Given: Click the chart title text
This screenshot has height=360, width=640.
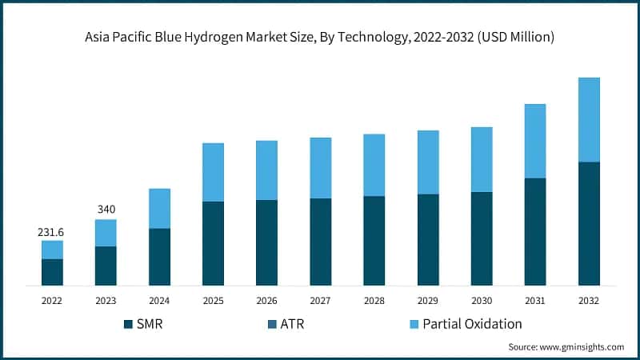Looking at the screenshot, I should [x=320, y=37].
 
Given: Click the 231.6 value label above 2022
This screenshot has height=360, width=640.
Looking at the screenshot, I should [x=52, y=232].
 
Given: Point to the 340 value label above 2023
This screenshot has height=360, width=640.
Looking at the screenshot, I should [x=106, y=210].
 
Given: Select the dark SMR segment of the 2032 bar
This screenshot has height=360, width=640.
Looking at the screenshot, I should [x=589, y=223].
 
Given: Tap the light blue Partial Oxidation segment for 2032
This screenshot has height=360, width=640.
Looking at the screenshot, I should [x=589, y=120].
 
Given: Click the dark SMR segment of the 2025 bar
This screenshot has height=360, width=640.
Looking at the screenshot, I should [x=213, y=243].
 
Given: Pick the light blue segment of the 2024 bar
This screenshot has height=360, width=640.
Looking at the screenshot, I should [x=159, y=208].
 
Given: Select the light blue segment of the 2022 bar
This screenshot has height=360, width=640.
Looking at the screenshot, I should [x=52, y=250].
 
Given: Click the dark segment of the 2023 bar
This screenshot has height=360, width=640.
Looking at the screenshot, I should [x=106, y=266].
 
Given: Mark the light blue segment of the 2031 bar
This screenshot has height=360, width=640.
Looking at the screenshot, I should [x=535, y=141].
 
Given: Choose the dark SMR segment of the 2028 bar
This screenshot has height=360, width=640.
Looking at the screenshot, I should [x=374, y=240].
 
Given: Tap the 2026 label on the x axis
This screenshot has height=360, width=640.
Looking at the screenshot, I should [x=266, y=301].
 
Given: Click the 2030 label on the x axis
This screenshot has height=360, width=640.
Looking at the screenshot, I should [x=482, y=301].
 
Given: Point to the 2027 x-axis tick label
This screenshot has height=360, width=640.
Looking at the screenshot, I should [x=320, y=301].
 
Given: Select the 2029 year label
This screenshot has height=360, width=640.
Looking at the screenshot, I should [x=428, y=301].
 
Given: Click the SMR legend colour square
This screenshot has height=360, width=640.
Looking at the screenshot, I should [x=128, y=324].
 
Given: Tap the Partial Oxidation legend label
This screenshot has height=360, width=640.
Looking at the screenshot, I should [x=472, y=324].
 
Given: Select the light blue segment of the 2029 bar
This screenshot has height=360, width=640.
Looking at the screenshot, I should [x=428, y=162].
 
